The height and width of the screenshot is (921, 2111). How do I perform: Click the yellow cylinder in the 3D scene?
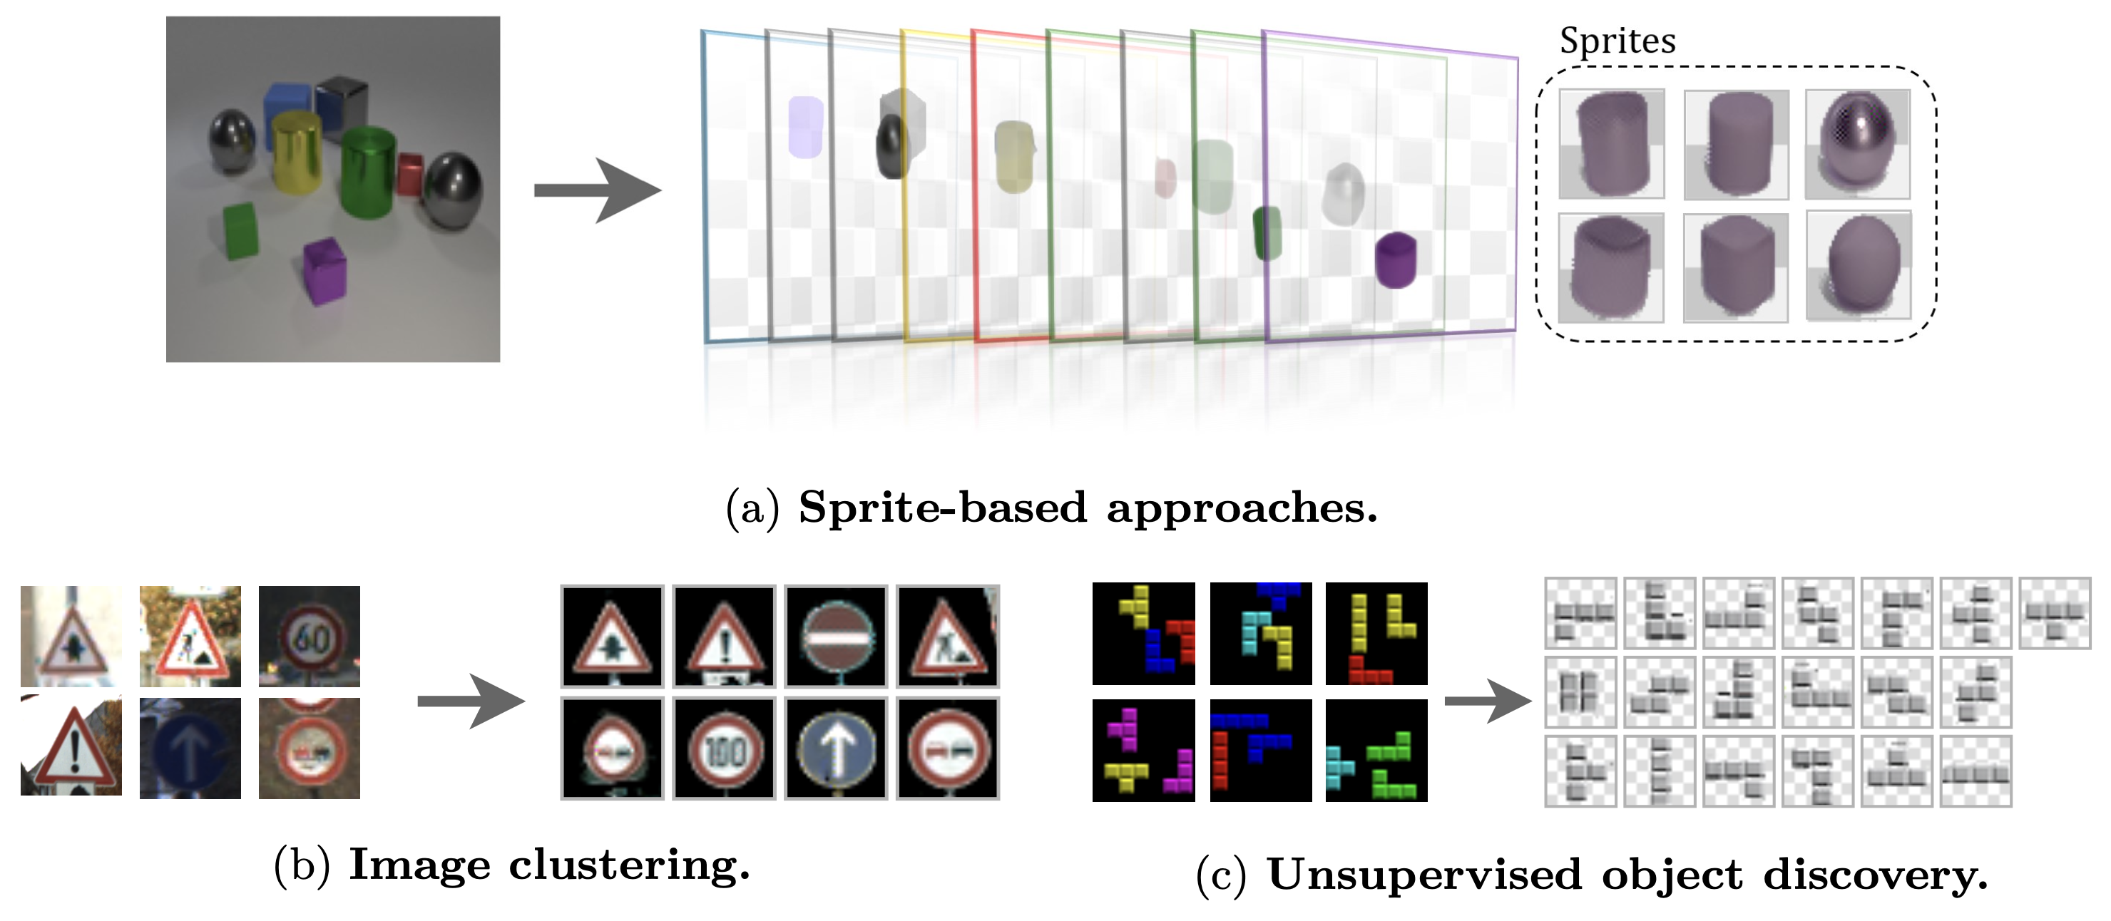tap(296, 153)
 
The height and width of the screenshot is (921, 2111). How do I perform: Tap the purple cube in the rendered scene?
tap(324, 270)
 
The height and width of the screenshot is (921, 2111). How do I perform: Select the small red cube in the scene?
tap(410, 174)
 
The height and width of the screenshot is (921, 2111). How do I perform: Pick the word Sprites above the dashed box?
tap(1617, 41)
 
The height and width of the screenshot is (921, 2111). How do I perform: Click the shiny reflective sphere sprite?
tap(1857, 143)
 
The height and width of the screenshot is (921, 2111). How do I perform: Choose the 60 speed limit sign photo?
tap(309, 636)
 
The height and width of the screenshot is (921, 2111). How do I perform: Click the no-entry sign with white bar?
tap(836, 636)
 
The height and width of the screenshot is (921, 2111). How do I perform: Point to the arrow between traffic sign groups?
tap(471, 701)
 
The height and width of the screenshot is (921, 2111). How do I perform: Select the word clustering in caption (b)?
tap(629, 865)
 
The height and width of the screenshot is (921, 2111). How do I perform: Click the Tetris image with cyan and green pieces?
tap(1376, 750)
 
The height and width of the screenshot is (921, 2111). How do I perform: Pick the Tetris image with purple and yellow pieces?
tap(1143, 750)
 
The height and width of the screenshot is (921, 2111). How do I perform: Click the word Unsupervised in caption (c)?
tap(1424, 875)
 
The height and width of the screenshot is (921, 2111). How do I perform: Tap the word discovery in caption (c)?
tap(1876, 875)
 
